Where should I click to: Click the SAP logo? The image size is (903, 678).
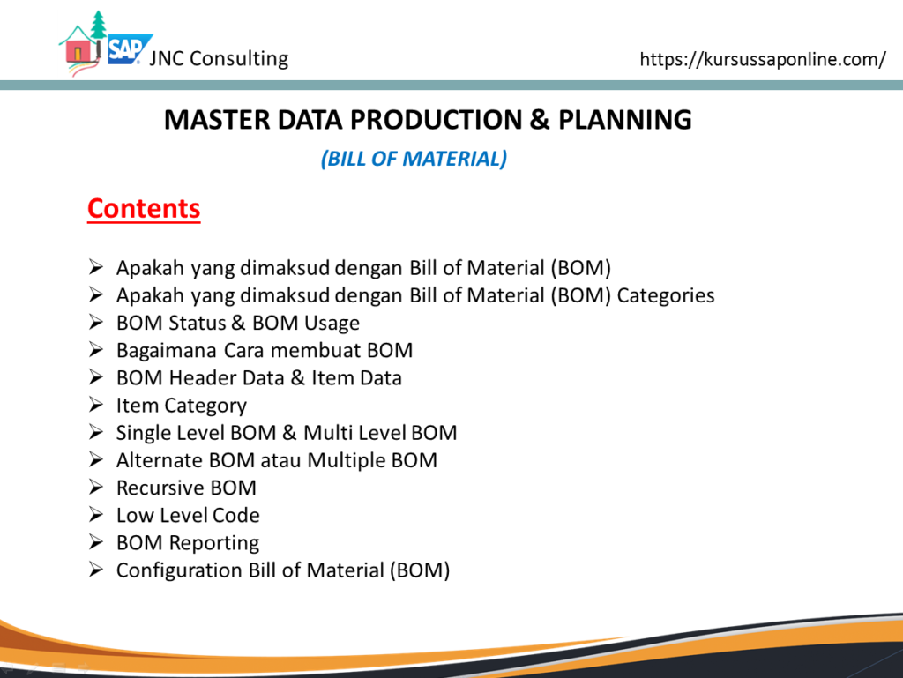click(130, 48)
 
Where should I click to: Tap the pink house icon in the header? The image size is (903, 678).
click(78, 50)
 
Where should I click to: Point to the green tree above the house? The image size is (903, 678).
click(99, 25)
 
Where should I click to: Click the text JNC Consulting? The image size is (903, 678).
click(219, 59)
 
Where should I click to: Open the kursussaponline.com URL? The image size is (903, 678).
click(763, 59)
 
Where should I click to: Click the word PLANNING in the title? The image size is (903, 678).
click(625, 120)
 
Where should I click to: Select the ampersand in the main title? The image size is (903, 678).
click(539, 120)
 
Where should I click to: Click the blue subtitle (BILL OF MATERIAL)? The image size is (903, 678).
click(414, 159)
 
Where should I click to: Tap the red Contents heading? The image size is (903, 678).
click(144, 208)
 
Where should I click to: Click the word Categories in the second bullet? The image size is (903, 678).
click(666, 296)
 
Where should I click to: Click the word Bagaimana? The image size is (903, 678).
click(167, 351)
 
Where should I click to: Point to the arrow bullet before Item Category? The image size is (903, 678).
click(96, 405)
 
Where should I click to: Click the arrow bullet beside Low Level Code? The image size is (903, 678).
click(96, 515)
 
